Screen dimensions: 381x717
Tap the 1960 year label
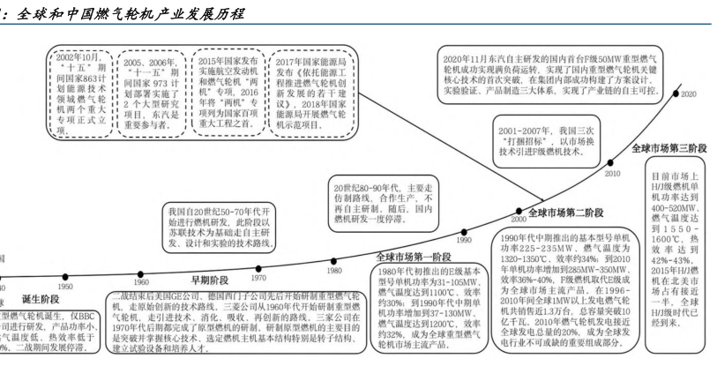(142, 282)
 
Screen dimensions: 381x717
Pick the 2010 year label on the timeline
(612, 174)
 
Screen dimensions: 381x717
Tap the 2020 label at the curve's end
(689, 93)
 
